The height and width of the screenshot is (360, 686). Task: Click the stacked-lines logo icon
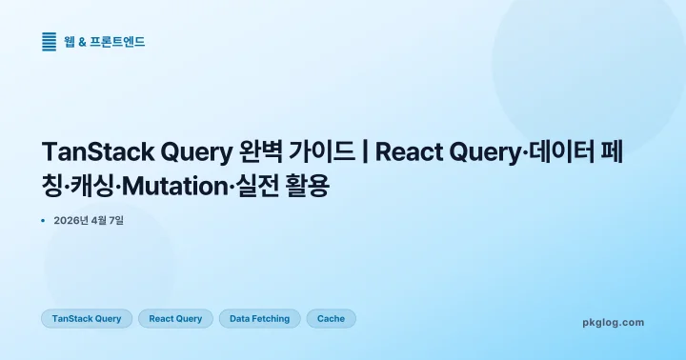click(x=50, y=41)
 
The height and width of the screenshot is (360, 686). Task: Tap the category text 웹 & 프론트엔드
click(x=105, y=41)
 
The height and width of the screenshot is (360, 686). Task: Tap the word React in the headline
click(x=409, y=153)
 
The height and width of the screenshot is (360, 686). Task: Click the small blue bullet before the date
click(x=43, y=221)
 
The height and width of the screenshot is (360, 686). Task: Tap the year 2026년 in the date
click(x=72, y=221)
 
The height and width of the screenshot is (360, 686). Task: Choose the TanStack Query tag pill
click(x=87, y=318)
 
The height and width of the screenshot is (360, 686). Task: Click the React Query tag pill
click(x=175, y=318)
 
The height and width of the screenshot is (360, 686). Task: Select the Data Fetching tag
click(x=259, y=318)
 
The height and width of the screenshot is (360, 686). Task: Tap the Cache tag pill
click(x=331, y=318)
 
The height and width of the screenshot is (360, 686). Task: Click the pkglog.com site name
click(x=613, y=322)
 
